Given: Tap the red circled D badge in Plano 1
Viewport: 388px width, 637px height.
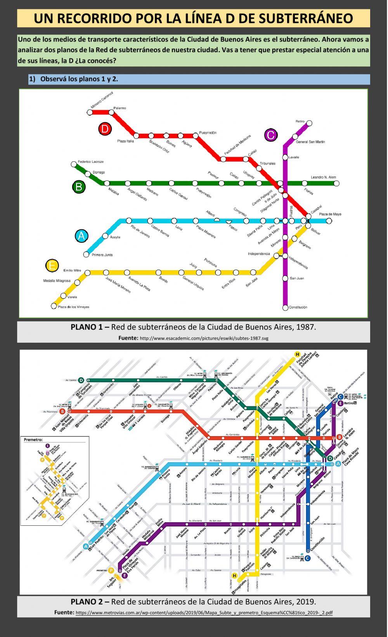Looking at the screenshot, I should (104, 129).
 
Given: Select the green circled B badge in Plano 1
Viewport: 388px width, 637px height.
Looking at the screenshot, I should (78, 187).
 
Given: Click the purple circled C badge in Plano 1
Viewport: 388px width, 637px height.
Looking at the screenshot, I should (270, 135).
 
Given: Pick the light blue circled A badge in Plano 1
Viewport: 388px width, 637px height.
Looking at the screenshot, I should (81, 236).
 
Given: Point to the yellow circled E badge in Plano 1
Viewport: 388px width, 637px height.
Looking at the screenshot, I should (52, 266).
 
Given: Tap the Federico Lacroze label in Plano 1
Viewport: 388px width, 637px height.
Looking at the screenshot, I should (91, 162).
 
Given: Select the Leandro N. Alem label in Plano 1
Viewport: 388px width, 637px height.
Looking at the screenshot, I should (323, 178).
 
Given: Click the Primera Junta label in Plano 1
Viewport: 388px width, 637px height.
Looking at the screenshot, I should (102, 255).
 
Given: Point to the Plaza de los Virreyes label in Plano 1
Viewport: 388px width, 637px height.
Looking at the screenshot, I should (73, 307).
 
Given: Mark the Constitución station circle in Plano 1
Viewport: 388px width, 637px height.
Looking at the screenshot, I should (285, 307).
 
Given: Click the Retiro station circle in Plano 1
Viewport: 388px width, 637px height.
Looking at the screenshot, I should (310, 124).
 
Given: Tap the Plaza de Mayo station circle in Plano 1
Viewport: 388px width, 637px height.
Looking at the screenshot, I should (329, 221).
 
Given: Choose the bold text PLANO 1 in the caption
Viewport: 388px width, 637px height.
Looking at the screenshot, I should (90, 327).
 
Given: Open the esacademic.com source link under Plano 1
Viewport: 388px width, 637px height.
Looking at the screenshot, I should (204, 338).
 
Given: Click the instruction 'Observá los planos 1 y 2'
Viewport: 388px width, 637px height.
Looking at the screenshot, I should (79, 79).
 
